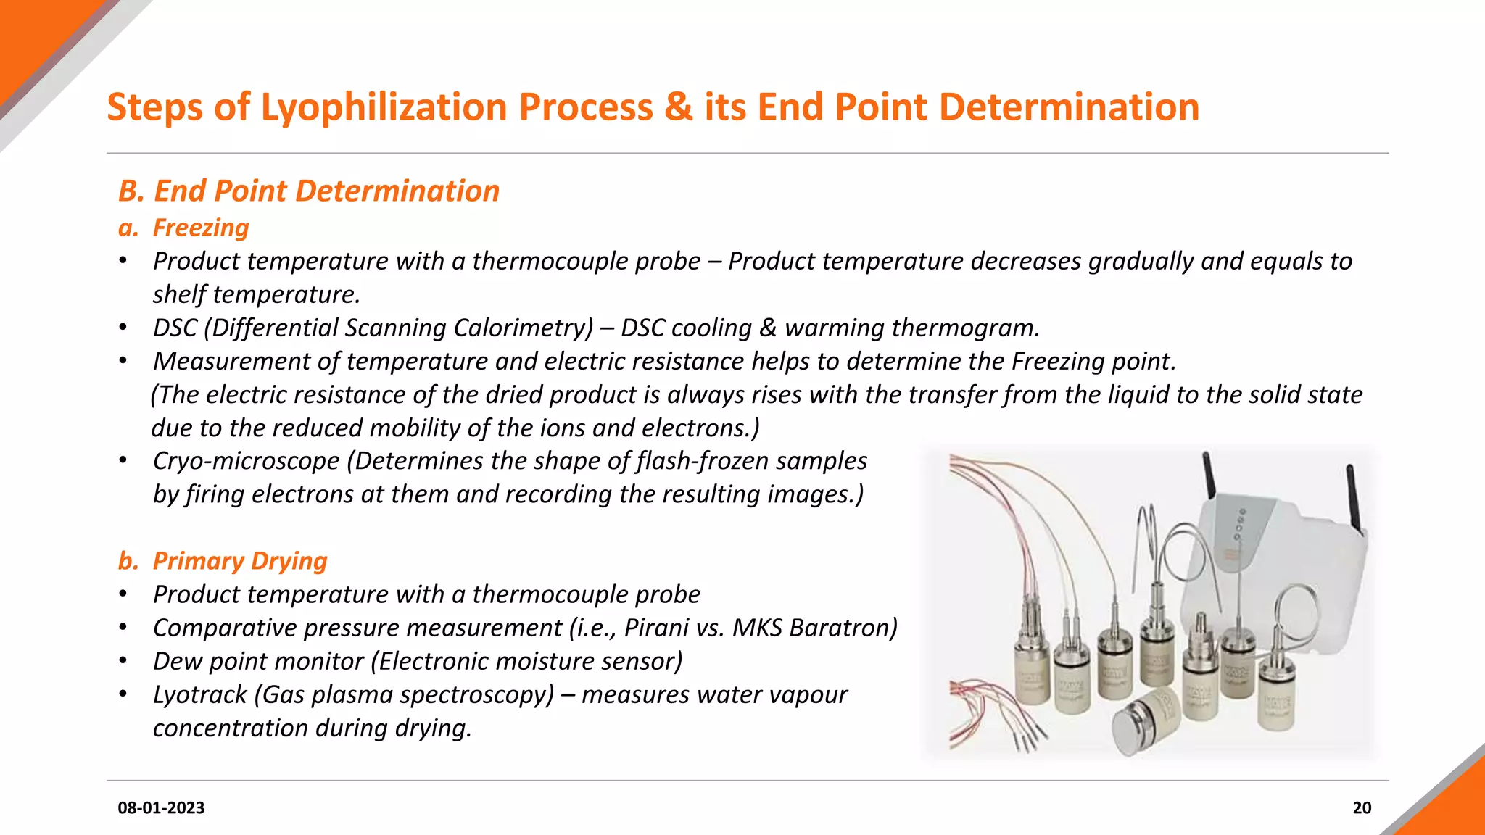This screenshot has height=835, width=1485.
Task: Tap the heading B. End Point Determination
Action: point(309,191)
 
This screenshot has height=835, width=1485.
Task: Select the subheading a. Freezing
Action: point(183,228)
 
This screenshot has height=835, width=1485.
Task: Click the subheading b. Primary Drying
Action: point(223,561)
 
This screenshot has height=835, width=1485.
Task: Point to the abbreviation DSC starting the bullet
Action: point(175,328)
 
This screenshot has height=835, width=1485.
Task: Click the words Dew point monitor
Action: point(258,661)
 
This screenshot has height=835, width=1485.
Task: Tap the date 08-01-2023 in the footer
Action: point(161,808)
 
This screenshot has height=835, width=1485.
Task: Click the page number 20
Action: point(1362,808)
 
